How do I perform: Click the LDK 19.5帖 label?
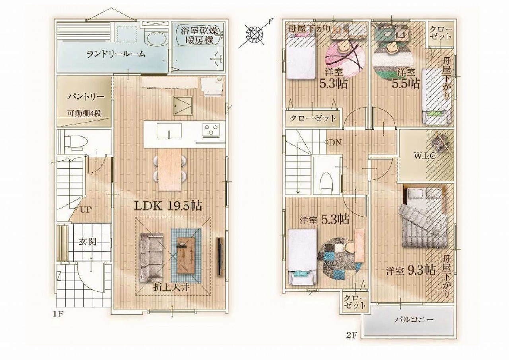[168, 206]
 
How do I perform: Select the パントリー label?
[86, 97]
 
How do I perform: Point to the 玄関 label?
[87, 242]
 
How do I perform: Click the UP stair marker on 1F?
[85, 210]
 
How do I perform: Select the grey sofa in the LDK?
[152, 257]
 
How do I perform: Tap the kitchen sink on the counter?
[169, 130]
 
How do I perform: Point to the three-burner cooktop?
[211, 130]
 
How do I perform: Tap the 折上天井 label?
[171, 288]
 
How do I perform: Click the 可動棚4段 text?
[84, 114]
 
